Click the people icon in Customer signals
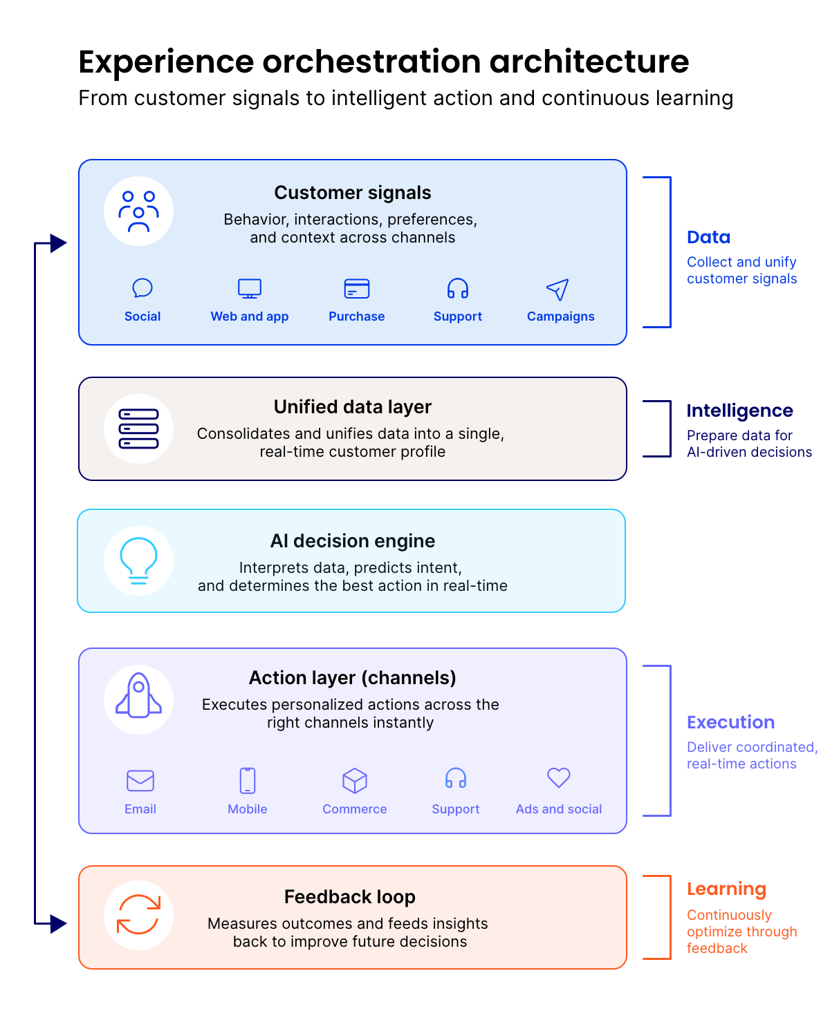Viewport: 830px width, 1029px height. [138, 211]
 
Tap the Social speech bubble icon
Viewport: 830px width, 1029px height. [142, 288]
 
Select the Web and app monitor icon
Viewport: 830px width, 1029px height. [250, 289]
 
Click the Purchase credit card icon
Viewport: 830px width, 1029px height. [357, 289]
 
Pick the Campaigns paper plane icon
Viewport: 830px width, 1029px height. [557, 290]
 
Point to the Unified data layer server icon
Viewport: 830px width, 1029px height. [138, 428]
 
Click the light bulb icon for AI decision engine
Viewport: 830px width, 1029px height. [138, 560]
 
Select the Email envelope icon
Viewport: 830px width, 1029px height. [140, 781]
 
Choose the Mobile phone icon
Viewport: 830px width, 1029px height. [248, 781]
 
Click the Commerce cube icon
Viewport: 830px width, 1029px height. [355, 781]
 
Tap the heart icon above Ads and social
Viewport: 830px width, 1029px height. [559, 778]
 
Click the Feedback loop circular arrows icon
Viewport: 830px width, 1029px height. [138, 914]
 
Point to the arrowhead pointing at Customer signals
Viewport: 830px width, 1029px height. [59, 243]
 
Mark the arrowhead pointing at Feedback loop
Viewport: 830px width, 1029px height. [59, 923]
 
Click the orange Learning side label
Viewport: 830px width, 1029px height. [726, 889]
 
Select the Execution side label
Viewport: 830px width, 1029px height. [730, 722]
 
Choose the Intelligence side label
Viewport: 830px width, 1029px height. [739, 410]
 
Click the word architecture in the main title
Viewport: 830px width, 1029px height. [589, 62]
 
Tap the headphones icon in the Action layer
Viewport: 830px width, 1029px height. [456, 779]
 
